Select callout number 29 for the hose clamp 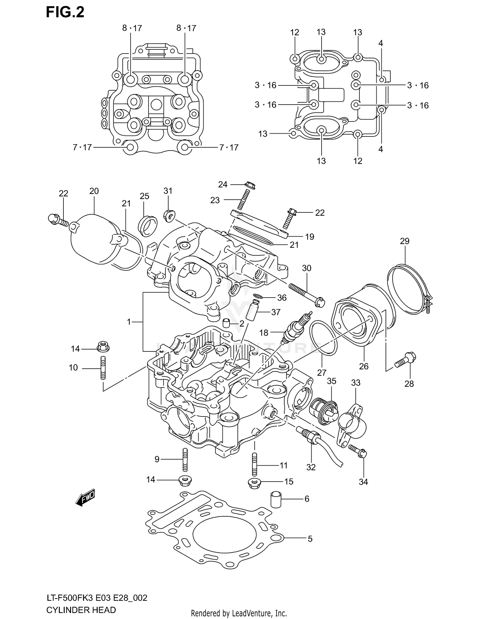(404, 241)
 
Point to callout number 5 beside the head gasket (310, 539)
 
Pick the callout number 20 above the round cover (94, 191)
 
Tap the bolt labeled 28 (404, 361)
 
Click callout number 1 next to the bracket (129, 322)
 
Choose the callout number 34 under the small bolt (363, 482)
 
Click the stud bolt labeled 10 (103, 368)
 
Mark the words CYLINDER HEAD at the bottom (81, 610)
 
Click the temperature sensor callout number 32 (311, 467)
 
